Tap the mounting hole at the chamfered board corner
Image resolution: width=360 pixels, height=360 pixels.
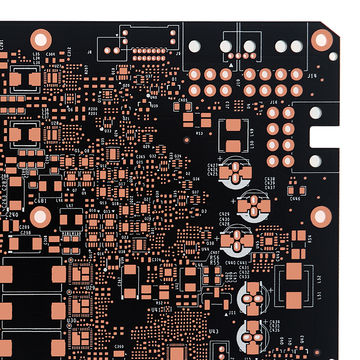(x=321, y=40)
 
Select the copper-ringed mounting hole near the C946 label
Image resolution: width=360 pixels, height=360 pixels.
(x=320, y=216)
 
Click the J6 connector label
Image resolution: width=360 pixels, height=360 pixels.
(x=89, y=50)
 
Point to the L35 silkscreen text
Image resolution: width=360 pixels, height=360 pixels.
(x=36, y=52)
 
